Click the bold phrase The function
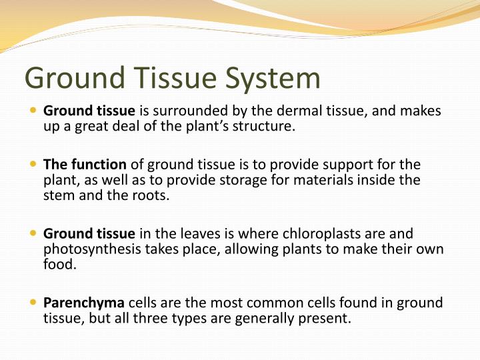[85, 164]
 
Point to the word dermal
[310, 111]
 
